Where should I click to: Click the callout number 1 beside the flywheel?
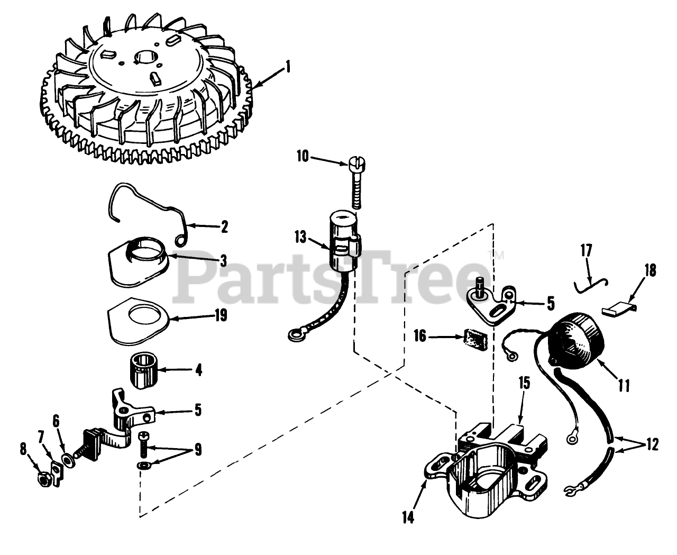pos(288,67)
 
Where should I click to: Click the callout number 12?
pos(652,445)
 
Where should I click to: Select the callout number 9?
pos(197,450)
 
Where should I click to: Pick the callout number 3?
pos(224,260)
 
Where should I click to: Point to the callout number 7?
pos(41,438)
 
